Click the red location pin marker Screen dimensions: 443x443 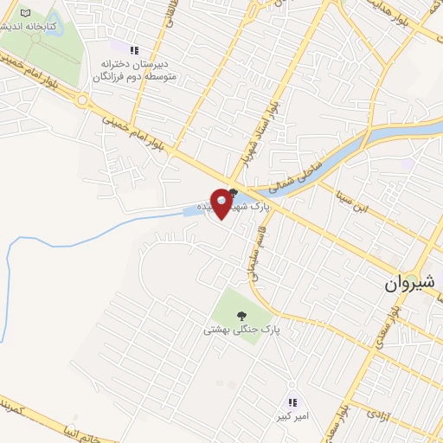[x=222, y=202]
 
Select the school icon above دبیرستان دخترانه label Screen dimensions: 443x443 [x=133, y=49]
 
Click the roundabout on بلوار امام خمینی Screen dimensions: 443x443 [x=84, y=100]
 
